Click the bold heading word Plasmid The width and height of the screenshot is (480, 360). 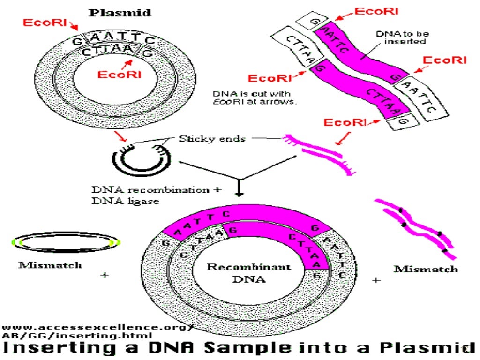[120, 13]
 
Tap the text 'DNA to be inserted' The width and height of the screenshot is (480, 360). [402, 37]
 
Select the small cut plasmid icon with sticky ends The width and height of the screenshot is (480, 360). [139, 158]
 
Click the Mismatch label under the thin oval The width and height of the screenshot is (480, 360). [50, 265]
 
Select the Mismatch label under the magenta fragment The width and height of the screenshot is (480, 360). [425, 269]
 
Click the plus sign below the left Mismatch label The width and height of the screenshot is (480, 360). [105, 275]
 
